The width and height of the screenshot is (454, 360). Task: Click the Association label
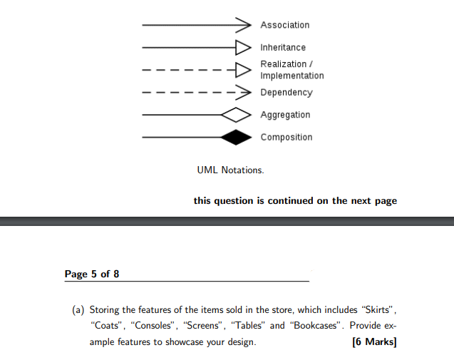click(x=284, y=25)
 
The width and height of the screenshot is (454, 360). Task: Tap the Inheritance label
click(x=283, y=48)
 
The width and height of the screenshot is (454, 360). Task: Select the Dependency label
click(x=286, y=93)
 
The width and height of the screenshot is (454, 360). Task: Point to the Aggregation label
click(x=285, y=115)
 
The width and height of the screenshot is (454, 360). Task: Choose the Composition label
click(x=286, y=137)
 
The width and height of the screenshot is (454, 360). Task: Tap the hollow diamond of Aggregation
click(x=236, y=115)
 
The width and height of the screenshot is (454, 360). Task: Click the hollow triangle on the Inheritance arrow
click(x=243, y=48)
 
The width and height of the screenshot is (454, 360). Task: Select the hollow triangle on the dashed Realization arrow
click(x=243, y=70)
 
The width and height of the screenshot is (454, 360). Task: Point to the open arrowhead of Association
click(x=245, y=25)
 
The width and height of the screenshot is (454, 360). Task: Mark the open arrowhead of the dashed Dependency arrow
click(x=245, y=93)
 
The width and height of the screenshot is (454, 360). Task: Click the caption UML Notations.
click(x=230, y=170)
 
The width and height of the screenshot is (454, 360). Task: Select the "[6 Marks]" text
click(x=374, y=342)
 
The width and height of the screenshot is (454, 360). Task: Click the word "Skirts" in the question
click(x=377, y=310)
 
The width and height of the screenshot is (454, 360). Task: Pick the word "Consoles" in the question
click(x=155, y=326)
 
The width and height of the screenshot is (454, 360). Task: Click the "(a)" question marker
click(x=78, y=310)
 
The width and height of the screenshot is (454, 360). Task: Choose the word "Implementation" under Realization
click(x=292, y=76)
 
